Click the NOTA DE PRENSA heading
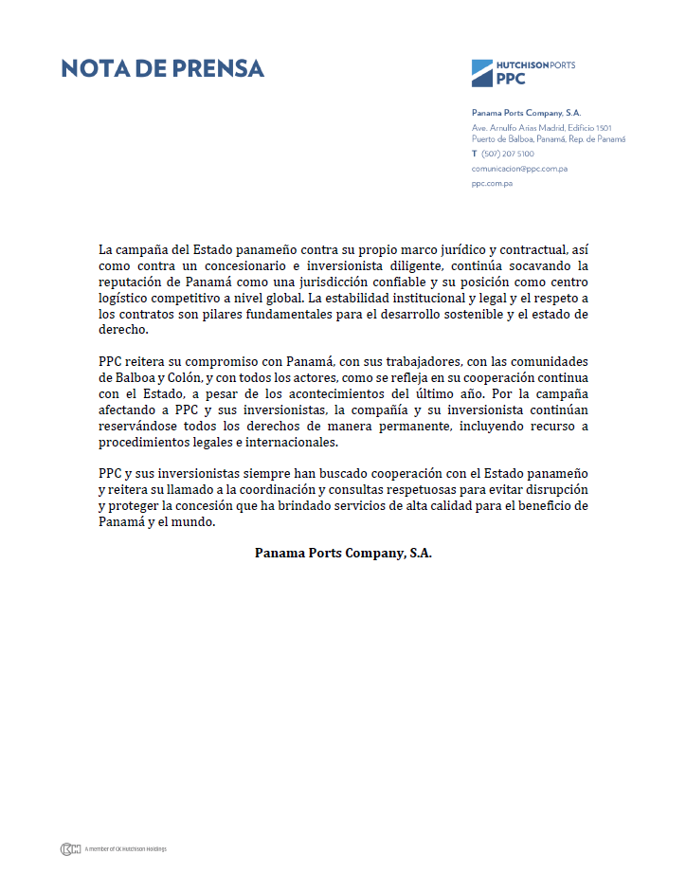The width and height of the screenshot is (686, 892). (162, 68)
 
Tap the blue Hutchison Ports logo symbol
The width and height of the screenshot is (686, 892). (482, 72)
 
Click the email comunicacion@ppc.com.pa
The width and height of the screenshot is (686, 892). (519, 169)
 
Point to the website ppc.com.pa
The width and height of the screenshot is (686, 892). (492, 183)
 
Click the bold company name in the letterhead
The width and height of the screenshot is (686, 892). (526, 113)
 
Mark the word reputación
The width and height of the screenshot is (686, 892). (135, 282)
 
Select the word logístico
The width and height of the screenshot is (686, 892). (127, 299)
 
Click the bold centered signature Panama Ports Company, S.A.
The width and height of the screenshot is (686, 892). (343, 553)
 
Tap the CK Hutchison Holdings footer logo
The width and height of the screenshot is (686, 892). (70, 848)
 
